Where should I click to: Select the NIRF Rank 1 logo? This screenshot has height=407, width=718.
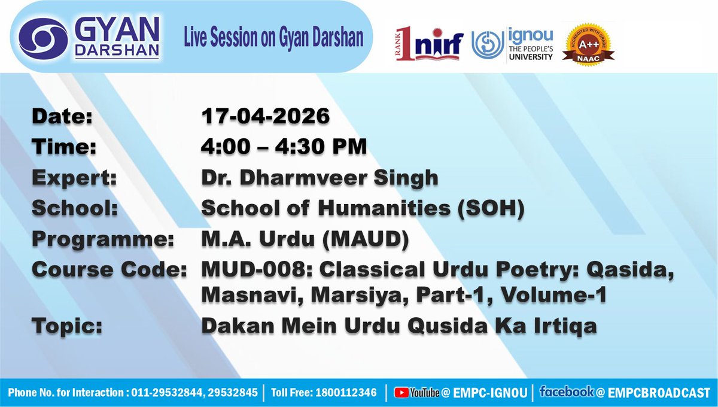[429, 44]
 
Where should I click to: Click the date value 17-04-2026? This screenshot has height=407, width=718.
[265, 116]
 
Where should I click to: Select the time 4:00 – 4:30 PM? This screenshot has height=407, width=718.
[283, 146]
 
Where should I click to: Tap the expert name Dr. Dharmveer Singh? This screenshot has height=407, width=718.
[320, 177]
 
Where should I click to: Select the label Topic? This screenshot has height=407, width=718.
[66, 326]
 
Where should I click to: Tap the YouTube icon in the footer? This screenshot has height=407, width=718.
[401, 393]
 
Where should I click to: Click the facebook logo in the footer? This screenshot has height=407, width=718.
[567, 392]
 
